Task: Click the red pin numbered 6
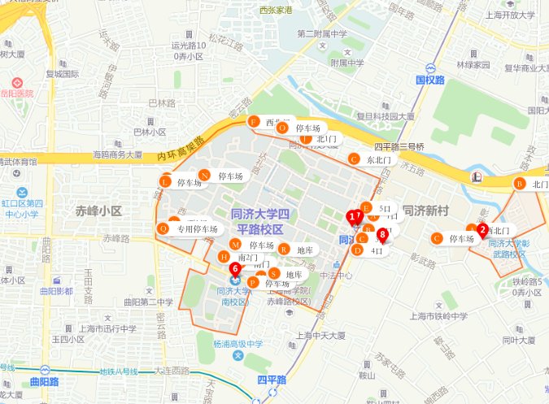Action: click(234, 267)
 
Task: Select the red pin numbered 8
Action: click(382, 235)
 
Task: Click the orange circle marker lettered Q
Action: click(163, 229)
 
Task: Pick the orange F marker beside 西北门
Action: click(253, 122)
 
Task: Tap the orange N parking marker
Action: click(204, 176)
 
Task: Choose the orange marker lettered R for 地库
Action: click(282, 250)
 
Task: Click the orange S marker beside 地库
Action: click(274, 274)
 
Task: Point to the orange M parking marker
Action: click(236, 245)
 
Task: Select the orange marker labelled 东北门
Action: click(354, 159)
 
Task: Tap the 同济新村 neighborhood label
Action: click(426, 211)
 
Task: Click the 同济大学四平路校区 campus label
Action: click(259, 221)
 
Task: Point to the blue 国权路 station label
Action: click(430, 80)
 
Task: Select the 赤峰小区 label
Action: click(98, 211)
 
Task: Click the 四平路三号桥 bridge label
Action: click(399, 146)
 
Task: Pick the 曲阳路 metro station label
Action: click(43, 380)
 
